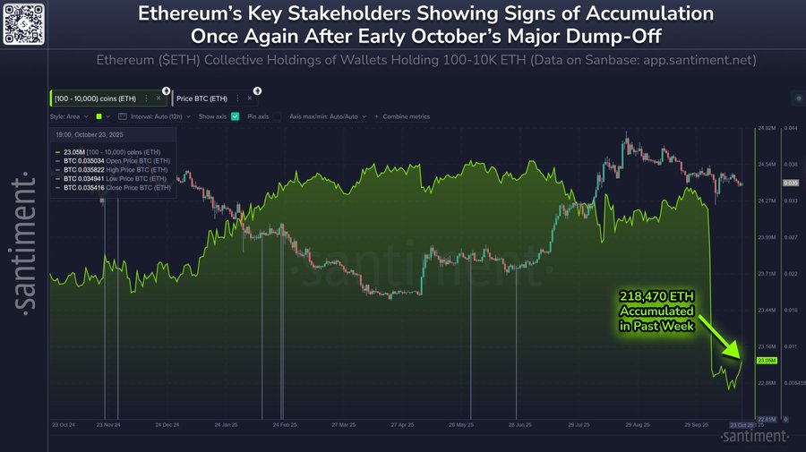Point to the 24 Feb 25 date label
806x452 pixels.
click(x=285, y=424)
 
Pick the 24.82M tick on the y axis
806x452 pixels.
click(x=767, y=128)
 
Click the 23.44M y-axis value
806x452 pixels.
click(x=767, y=310)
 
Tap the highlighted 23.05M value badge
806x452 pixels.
click(x=767, y=361)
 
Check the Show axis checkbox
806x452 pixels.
click(x=235, y=116)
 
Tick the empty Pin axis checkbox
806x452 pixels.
click(x=277, y=116)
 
